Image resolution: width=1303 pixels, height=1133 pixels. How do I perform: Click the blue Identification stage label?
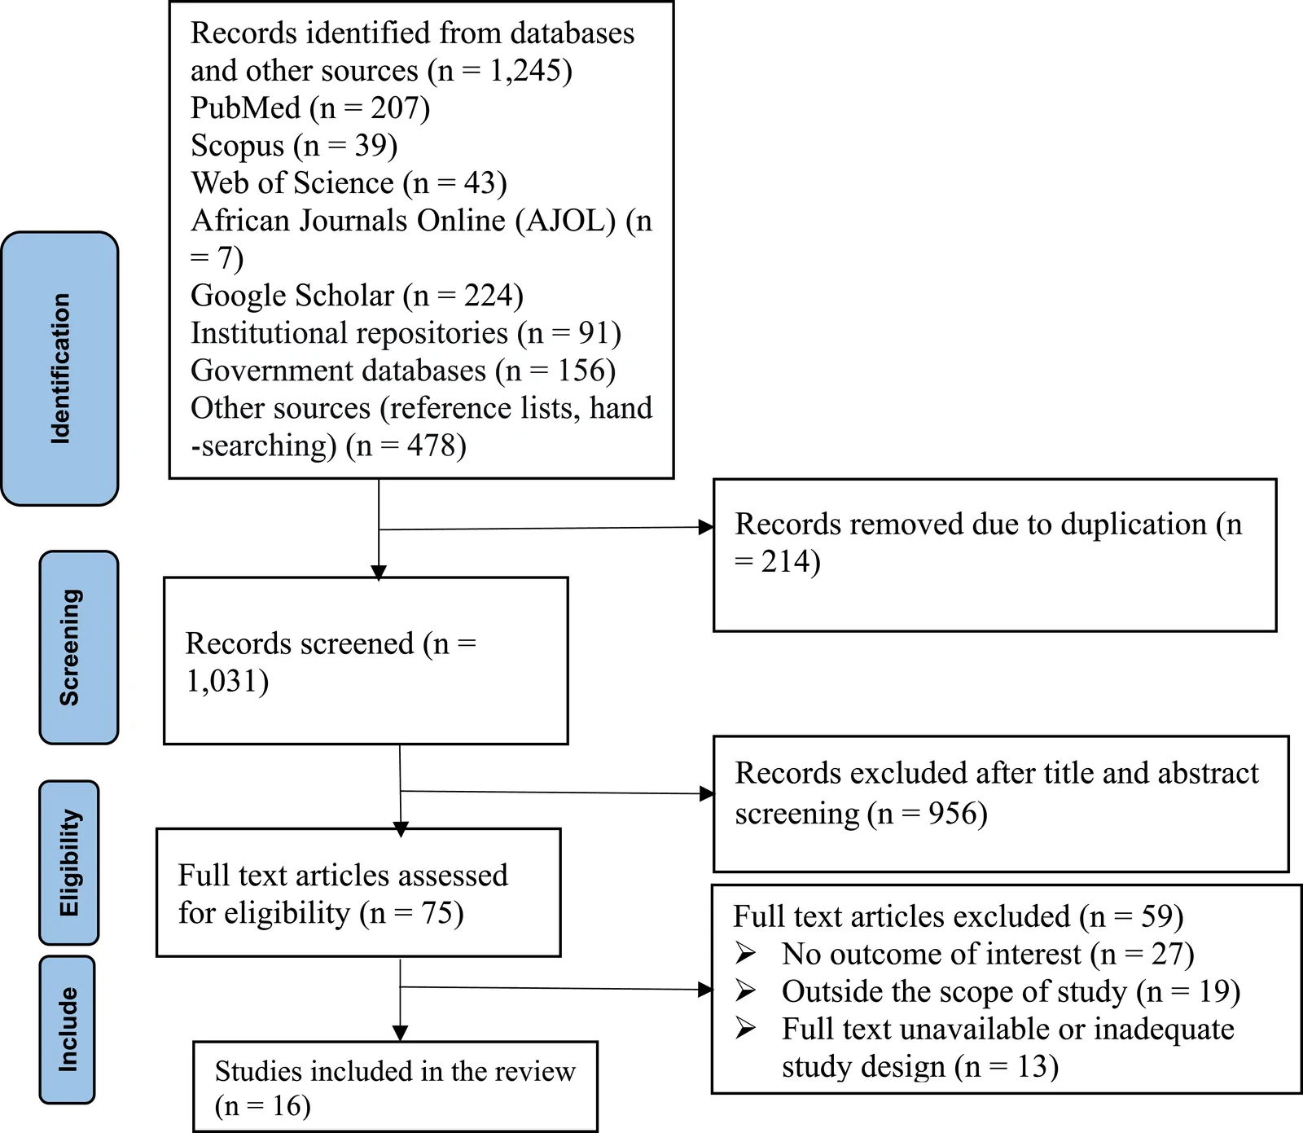tap(59, 368)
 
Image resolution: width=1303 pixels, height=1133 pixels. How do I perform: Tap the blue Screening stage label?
tap(78, 648)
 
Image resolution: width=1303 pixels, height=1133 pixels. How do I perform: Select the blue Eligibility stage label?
tap(69, 863)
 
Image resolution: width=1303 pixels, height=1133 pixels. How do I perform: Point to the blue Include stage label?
tap(67, 1030)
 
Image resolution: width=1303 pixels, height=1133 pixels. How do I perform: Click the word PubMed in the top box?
tap(246, 108)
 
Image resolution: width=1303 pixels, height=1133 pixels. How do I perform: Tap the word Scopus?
tap(238, 146)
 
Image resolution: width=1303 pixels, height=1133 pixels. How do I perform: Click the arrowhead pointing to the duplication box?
tap(706, 527)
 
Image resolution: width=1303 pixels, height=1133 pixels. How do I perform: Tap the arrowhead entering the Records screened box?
tap(379, 573)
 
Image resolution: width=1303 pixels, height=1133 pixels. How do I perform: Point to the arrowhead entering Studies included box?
tap(400, 1034)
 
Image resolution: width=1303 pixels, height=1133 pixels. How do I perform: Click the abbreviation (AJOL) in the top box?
tap(565, 221)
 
